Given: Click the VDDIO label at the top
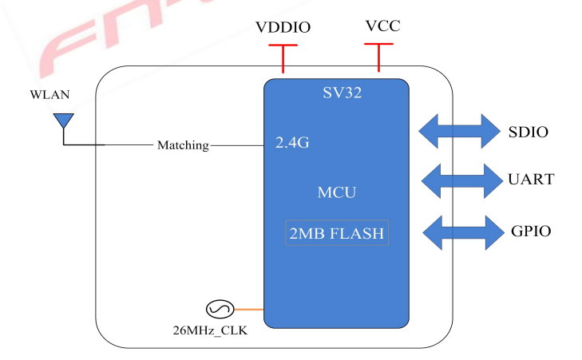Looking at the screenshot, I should point(283,28).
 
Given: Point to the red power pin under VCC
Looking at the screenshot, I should point(378,57).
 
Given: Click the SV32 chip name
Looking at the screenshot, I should point(337,93).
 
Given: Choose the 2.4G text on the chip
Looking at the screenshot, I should point(292,144).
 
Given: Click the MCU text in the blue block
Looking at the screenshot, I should point(337,192).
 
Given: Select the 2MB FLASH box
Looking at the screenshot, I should point(337,233).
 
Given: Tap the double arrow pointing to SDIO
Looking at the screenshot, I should point(458,131).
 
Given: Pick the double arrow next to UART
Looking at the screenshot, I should point(458,180).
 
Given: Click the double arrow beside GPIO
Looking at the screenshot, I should point(458,232).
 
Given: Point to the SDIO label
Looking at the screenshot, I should point(529,132).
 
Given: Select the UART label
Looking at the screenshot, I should point(530,180).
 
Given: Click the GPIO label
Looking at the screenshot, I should point(530,232).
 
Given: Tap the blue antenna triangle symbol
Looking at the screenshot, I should point(62,121).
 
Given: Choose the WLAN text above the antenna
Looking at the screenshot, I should point(49,95).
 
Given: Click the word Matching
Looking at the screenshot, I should point(183,145).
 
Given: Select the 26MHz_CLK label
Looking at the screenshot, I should point(210,329).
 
